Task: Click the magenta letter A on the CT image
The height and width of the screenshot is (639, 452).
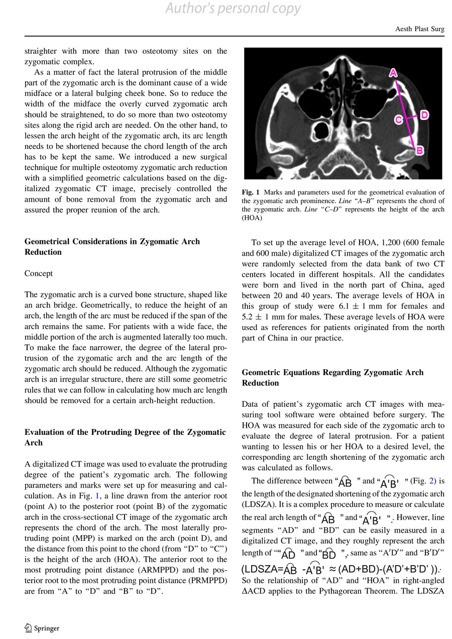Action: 393,73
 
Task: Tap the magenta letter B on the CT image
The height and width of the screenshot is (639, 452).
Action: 420,150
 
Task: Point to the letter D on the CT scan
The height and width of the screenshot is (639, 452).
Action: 424,115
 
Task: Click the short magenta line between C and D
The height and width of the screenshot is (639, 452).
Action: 411,117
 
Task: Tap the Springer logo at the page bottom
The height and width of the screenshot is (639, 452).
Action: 42,628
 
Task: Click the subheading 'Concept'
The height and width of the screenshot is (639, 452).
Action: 39,273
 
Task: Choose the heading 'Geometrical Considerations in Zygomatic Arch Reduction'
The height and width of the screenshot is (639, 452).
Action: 112,247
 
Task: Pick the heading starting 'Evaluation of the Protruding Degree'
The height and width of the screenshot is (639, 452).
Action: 125,437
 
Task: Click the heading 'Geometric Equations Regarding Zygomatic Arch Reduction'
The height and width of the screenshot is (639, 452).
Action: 332,378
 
